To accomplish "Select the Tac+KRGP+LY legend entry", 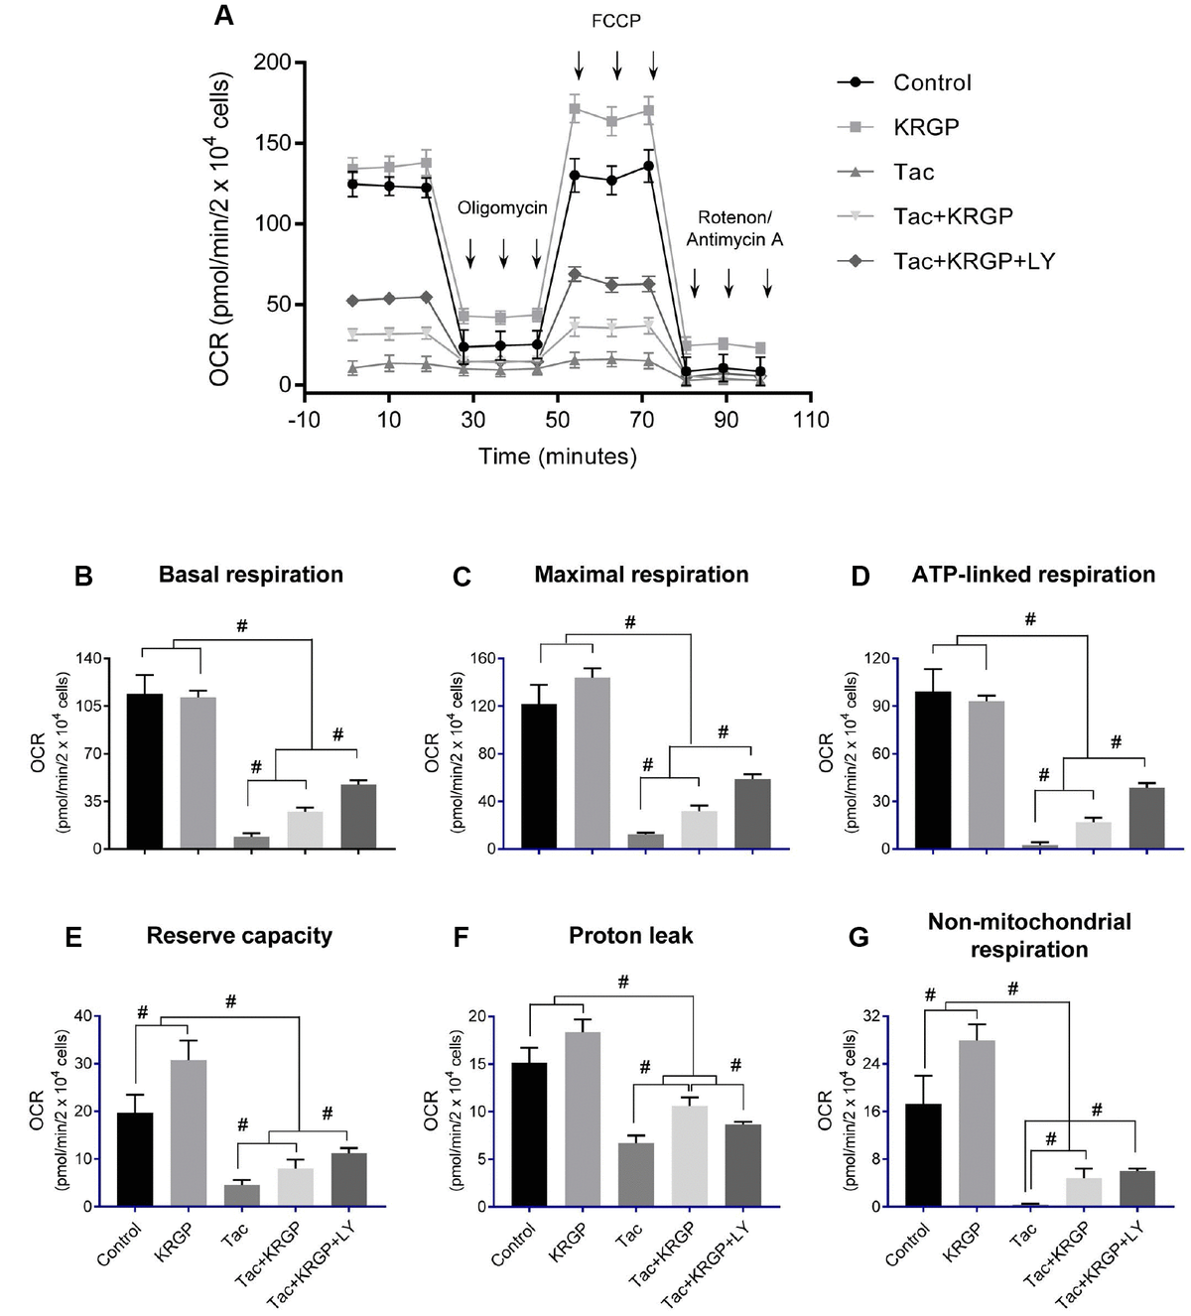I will click(x=973, y=261).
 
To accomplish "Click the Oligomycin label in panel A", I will click(x=502, y=209).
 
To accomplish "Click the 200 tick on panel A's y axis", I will click(x=271, y=63).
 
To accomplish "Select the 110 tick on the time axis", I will click(x=811, y=420).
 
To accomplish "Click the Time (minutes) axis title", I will click(x=557, y=457).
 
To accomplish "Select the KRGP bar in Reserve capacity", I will click(x=189, y=1132).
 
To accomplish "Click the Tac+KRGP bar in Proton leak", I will click(x=687, y=1155).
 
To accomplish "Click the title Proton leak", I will click(x=630, y=936).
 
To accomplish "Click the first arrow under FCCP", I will click(x=579, y=67).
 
